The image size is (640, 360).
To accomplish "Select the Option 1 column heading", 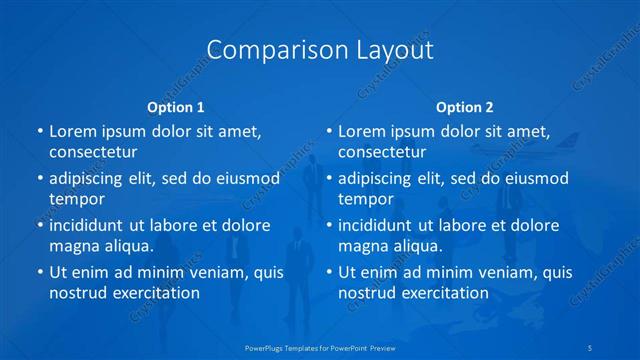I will tap(176, 107).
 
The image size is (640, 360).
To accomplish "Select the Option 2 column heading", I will tap(464, 107).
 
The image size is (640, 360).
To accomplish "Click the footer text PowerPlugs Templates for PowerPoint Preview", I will tap(320, 347).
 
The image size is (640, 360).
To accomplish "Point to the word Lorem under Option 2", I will tap(362, 131).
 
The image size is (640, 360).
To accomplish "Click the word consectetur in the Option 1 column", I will tap(93, 152).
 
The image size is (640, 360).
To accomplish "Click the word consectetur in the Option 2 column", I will tap(382, 152).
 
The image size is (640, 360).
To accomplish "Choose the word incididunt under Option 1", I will tap(91, 225).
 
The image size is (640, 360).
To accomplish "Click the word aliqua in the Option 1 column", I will tap(127, 246).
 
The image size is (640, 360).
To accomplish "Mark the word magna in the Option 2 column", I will tap(363, 246).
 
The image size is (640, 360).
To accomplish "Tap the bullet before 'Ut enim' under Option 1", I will tap(39, 272).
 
